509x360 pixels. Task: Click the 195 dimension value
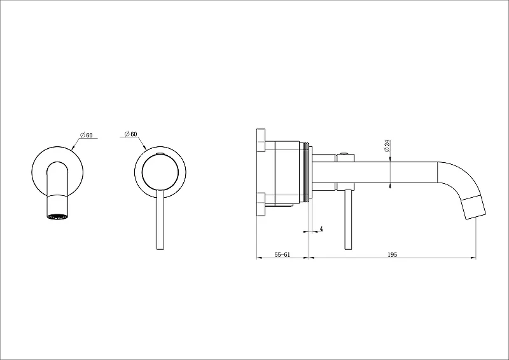pos(392,254)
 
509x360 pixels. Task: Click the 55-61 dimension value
pos(282,254)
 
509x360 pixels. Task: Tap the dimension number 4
pos(321,228)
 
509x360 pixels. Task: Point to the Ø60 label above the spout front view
pos(86,135)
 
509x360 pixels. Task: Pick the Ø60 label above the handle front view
pos(131,134)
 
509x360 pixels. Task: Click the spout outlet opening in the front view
pos(58,217)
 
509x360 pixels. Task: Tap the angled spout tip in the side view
pos(474,207)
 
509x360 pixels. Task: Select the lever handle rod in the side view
pos(348,219)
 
